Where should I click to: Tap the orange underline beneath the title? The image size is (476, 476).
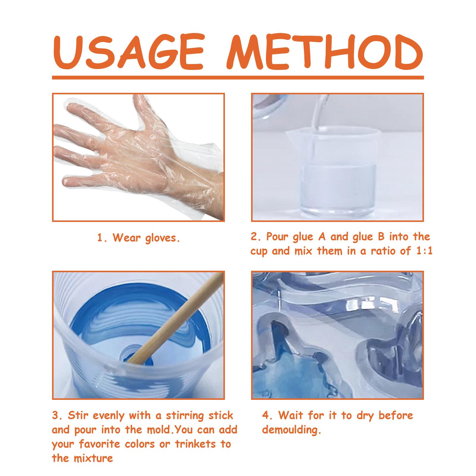point(238,78)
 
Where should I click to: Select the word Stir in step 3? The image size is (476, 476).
point(77,415)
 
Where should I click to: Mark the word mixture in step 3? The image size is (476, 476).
point(92,458)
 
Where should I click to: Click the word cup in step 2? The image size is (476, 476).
point(259,252)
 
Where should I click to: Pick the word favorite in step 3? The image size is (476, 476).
point(100,444)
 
